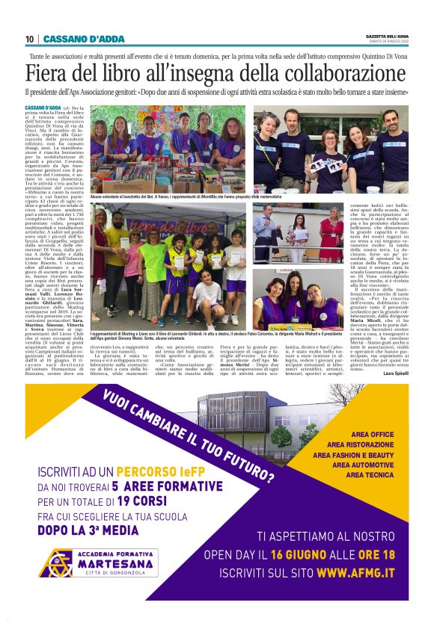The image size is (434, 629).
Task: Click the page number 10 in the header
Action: pyautogui.click(x=30, y=39)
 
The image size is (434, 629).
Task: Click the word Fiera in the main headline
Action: pyautogui.click(x=52, y=73)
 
